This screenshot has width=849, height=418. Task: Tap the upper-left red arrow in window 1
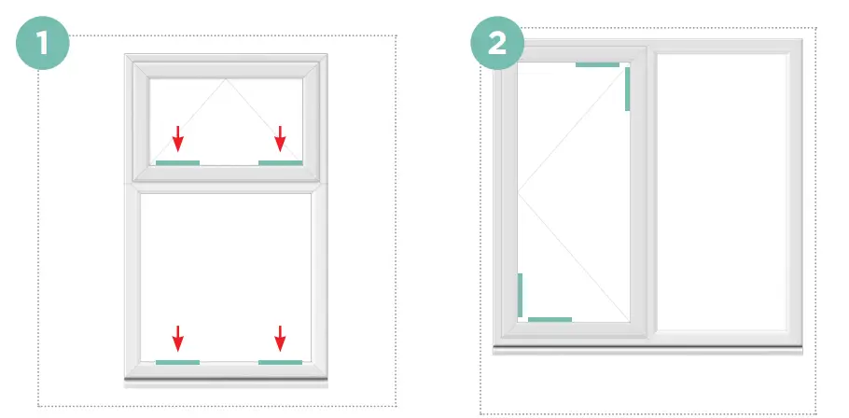[177, 140]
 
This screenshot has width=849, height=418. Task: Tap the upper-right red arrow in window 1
[280, 140]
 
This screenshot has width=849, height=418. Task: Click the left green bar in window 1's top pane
[177, 163]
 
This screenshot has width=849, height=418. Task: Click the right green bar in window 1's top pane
[280, 163]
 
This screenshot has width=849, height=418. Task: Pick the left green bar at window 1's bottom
[177, 362]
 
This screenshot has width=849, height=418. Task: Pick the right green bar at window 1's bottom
[280, 362]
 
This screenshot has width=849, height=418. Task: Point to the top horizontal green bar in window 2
[597, 65]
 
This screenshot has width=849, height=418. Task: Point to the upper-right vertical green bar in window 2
[628, 90]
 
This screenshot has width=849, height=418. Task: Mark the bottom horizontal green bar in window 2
[550, 320]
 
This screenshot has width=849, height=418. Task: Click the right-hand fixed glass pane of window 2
[722, 191]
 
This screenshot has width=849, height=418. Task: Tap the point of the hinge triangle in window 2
[519, 193]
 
